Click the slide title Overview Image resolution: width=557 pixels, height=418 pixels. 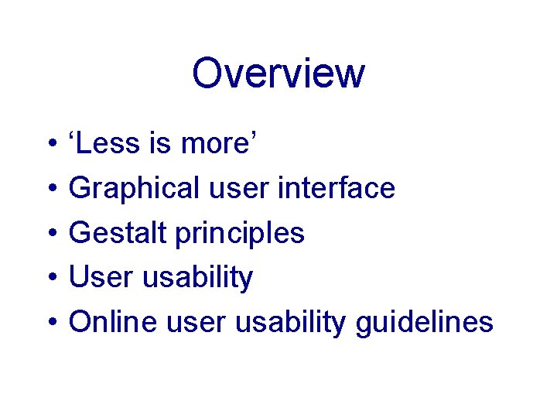278,74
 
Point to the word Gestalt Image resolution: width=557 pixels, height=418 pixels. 118,233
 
